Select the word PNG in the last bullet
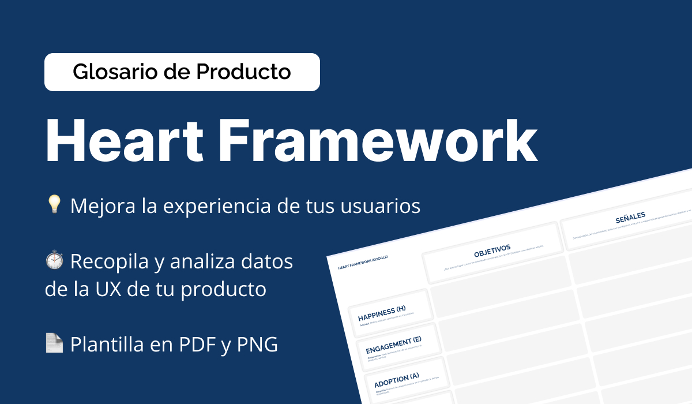258,345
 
